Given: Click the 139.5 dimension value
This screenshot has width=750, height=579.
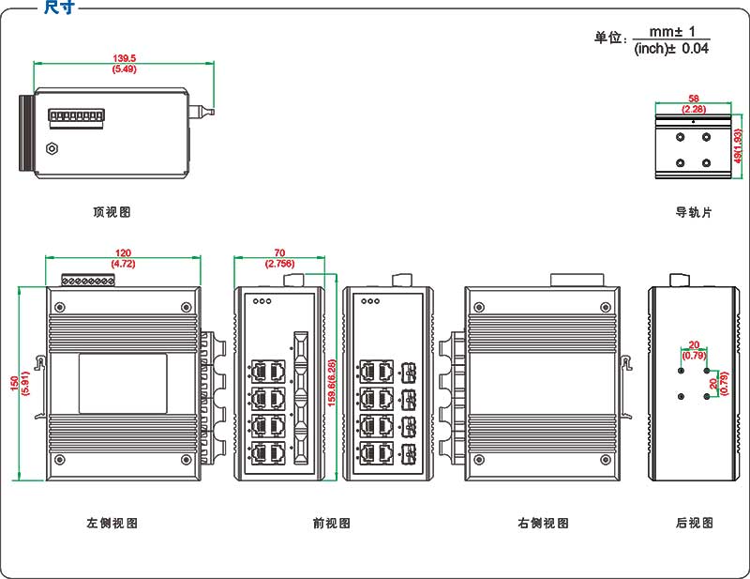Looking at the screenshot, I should [124, 58].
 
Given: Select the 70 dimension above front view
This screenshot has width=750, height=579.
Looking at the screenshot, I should [279, 253].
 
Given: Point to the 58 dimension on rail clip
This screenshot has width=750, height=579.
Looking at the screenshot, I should [693, 99].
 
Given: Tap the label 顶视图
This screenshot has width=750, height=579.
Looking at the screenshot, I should [112, 212].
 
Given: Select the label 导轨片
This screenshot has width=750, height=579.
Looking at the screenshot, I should [694, 212].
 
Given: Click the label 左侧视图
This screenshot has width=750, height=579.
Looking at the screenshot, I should [112, 523].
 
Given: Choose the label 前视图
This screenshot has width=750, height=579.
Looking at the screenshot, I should [331, 523].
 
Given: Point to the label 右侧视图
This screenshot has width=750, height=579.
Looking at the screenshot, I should [543, 523].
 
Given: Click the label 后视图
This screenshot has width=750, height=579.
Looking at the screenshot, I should [694, 523].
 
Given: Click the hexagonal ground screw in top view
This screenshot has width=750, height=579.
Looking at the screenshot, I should [52, 148].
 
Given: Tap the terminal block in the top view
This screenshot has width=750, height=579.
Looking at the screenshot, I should [75, 117].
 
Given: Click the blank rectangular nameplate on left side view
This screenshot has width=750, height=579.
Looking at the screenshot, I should [122, 383].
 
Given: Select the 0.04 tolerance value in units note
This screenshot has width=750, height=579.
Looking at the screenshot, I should [695, 49].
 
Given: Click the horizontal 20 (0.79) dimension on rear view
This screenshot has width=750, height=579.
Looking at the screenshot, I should [694, 349].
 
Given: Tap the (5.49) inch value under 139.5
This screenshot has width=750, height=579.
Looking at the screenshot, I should [124, 69].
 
